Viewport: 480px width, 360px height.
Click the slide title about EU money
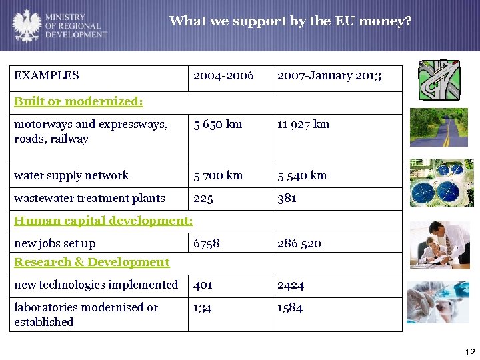[x=290, y=21]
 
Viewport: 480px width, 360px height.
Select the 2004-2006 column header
[x=223, y=76]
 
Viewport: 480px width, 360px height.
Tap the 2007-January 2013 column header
[x=329, y=76]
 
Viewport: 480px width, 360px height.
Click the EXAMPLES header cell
[x=47, y=76]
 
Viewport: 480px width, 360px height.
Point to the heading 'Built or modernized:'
[x=79, y=102]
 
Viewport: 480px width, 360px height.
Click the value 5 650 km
[x=217, y=124]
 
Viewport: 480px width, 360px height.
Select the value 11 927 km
[x=303, y=124]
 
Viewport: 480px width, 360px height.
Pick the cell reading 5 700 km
[x=217, y=175]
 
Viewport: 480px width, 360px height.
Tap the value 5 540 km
[x=302, y=175]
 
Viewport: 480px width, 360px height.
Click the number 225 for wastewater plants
[x=203, y=198]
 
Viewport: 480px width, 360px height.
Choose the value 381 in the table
[x=287, y=198]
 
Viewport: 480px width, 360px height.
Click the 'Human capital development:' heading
[x=103, y=221]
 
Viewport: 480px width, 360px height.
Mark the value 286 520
[x=299, y=243]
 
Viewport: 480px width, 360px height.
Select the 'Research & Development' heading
[x=92, y=262]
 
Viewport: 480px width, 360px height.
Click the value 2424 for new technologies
[x=290, y=285]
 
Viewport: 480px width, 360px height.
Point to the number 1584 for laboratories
[x=290, y=307]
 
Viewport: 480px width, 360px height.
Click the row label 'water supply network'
[x=71, y=175]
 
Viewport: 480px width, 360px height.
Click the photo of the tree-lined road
[x=439, y=127]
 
